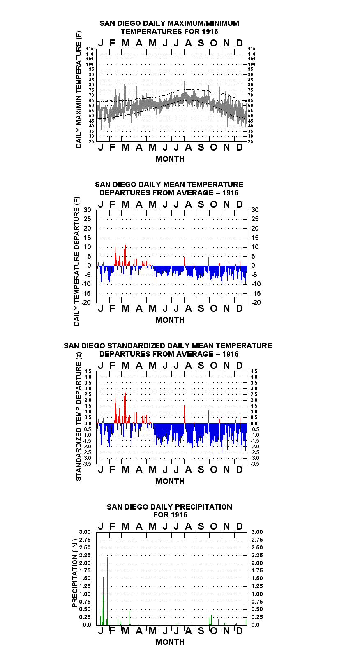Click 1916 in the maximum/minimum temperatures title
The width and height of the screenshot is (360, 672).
(x=210, y=32)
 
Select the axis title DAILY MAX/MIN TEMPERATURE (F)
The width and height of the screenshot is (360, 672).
(x=78, y=89)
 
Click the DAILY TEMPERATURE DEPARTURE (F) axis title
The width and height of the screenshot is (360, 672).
(x=77, y=261)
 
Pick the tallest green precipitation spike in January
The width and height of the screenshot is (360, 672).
(x=107, y=591)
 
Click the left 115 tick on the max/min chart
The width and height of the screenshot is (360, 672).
(x=90, y=49)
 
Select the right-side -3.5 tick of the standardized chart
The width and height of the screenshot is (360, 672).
(x=255, y=464)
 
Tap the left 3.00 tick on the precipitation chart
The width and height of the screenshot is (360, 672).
(x=85, y=532)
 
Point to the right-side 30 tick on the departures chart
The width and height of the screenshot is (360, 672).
(x=255, y=210)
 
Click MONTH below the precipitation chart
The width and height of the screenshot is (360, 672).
(x=170, y=642)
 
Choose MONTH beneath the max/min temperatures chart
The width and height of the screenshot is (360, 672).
(x=170, y=159)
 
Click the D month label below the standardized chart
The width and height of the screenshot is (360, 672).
(x=239, y=470)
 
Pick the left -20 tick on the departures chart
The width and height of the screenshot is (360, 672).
(x=86, y=302)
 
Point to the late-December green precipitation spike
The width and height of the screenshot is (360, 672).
(x=244, y=614)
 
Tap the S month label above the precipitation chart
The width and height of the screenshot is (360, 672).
(x=201, y=526)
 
